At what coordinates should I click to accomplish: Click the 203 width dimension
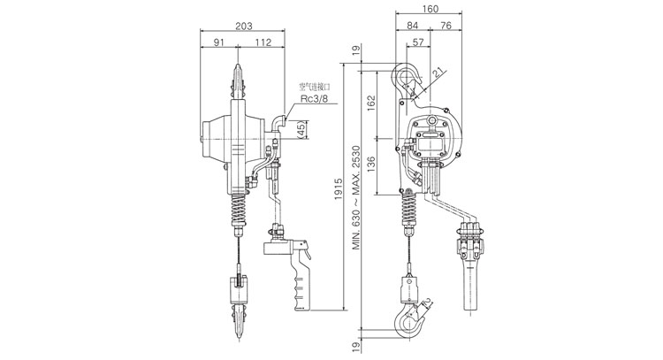244,27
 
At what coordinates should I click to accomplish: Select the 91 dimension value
218,42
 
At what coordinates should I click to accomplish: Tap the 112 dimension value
263,42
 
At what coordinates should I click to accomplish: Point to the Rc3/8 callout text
314,99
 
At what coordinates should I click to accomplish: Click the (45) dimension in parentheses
301,130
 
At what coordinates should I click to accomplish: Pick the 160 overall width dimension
430,9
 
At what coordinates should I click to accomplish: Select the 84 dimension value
412,26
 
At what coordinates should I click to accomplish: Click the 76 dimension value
446,26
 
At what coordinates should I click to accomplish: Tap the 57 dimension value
418,42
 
